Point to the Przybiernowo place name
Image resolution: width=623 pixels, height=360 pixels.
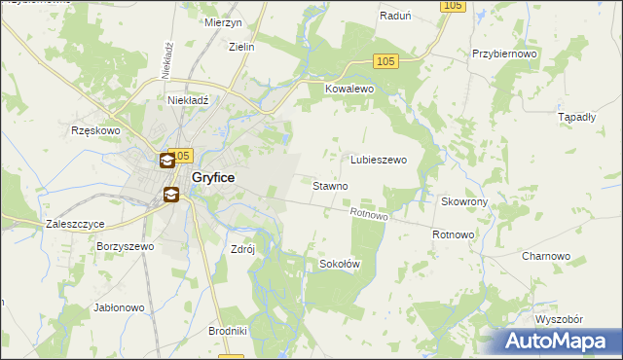pos(503,54)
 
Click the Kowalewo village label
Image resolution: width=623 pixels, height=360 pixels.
pos(348,88)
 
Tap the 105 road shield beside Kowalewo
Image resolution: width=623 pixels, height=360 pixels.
pos(386,62)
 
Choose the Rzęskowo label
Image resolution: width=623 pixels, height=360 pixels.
pos(94,129)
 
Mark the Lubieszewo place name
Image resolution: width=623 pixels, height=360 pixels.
pos(378,160)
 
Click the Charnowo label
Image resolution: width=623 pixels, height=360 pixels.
pos(545,256)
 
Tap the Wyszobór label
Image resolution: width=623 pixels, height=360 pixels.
pos(558,319)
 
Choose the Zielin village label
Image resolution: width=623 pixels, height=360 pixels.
pos(240,46)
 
